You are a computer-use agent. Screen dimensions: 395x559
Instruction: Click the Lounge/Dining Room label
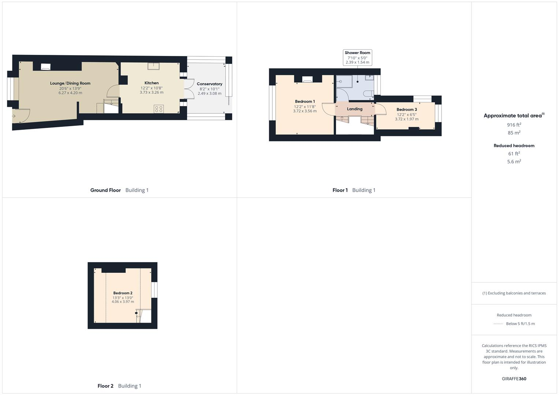(x=70, y=83)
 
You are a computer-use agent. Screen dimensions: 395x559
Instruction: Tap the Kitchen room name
(x=152, y=83)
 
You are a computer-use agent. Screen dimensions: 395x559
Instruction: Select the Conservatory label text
(x=209, y=84)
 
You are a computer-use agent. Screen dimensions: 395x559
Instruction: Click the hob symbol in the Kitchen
(x=159, y=109)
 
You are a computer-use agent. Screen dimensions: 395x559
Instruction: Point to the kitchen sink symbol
(x=154, y=66)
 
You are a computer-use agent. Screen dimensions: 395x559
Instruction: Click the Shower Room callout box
(x=357, y=57)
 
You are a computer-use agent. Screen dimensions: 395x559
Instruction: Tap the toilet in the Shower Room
(x=368, y=94)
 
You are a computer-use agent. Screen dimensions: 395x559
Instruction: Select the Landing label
(x=354, y=109)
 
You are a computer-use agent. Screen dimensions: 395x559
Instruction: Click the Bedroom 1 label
(x=305, y=102)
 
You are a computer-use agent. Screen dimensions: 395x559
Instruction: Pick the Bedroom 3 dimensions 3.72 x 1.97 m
(x=407, y=119)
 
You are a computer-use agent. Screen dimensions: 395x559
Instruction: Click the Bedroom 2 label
(x=123, y=293)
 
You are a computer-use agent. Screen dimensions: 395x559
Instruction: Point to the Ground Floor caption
(x=105, y=190)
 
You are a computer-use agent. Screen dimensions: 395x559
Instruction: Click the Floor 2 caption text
(x=105, y=386)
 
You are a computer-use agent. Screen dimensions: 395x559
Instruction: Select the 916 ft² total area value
(x=514, y=125)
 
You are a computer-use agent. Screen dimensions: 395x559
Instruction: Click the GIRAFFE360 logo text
(x=514, y=379)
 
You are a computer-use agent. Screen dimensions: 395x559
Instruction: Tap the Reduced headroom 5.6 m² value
(x=514, y=162)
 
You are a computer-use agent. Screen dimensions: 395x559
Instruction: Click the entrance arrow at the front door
(x=14, y=116)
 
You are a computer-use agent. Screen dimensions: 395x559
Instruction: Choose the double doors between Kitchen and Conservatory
(x=189, y=89)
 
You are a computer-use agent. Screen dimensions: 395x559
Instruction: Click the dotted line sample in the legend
(x=498, y=324)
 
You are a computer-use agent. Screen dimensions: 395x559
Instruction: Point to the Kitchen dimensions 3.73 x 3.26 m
(x=152, y=93)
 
